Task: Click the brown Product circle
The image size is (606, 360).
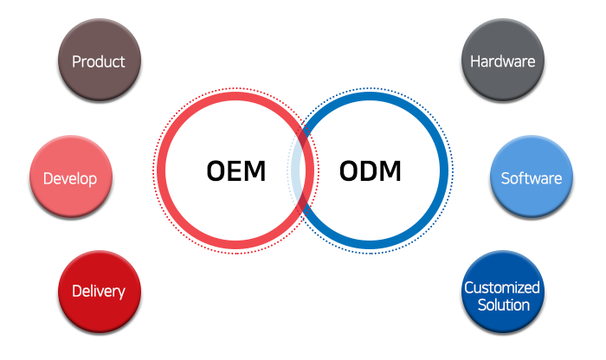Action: tap(99, 61)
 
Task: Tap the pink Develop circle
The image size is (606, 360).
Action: tap(71, 177)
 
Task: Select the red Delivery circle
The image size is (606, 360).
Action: tap(99, 292)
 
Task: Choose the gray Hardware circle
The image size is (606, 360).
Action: tap(502, 61)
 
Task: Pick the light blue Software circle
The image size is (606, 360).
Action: tap(532, 177)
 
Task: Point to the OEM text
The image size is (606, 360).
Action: tap(235, 170)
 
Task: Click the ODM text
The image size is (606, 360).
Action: tap(371, 170)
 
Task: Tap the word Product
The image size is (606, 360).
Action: tap(99, 61)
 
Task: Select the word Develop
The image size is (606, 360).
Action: tap(70, 179)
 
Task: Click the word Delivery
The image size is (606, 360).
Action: tap(99, 292)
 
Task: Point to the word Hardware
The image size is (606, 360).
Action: tap(502, 61)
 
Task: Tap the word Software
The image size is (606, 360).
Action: tap(532, 179)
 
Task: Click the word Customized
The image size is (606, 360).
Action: tap(502, 287)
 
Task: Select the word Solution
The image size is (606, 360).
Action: tap(502, 305)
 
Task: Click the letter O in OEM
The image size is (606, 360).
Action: tap(216, 170)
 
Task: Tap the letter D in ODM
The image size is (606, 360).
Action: tap(371, 170)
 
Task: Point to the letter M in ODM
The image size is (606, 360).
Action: tap(390, 170)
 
